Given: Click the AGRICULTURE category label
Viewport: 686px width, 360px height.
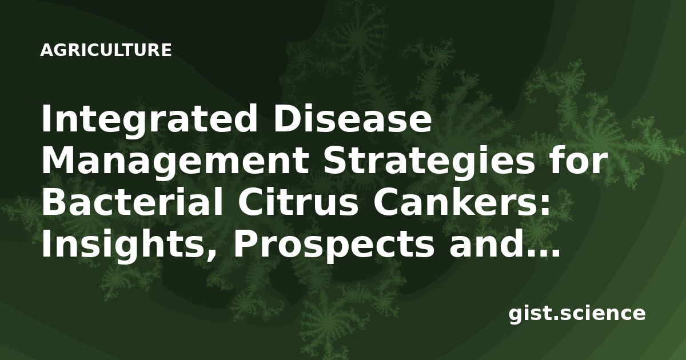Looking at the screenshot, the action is (x=106, y=50).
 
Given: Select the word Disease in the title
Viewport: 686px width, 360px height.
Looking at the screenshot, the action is (x=353, y=118).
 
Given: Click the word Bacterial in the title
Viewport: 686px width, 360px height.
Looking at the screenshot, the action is (x=131, y=201).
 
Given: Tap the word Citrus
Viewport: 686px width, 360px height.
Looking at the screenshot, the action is (x=298, y=201).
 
